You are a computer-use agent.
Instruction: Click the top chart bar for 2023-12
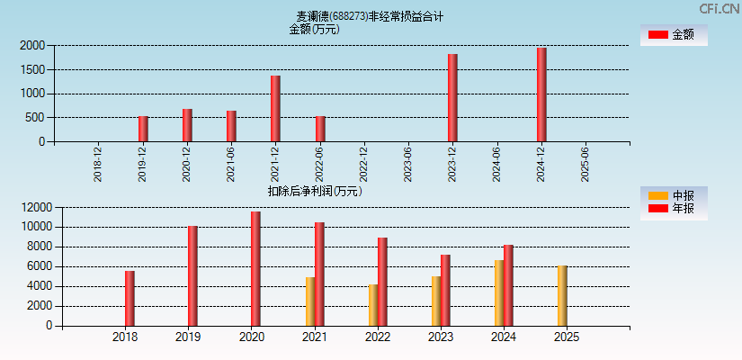coord(452,98)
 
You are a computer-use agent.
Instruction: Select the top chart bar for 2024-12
coord(541,94)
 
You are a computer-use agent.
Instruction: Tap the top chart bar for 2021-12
coord(275,109)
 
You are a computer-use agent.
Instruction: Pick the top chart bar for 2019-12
coord(143,129)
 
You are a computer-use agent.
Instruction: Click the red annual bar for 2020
coord(255,269)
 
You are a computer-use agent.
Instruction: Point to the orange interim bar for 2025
coord(562,296)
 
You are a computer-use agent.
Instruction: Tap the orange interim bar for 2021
coord(310,301)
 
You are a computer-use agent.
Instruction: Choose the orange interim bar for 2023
coord(436,301)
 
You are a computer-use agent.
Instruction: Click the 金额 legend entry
coord(673,34)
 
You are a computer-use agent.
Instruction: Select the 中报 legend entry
coord(673,195)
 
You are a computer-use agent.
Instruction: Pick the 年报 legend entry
coord(673,209)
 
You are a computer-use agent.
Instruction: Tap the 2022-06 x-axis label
coord(320,165)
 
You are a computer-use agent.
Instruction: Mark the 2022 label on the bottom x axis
coord(378,337)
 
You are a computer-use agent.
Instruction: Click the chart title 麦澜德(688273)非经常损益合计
coord(370,16)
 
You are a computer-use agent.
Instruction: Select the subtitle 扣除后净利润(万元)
coord(315,191)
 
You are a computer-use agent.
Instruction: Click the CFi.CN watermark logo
coord(720,9)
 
